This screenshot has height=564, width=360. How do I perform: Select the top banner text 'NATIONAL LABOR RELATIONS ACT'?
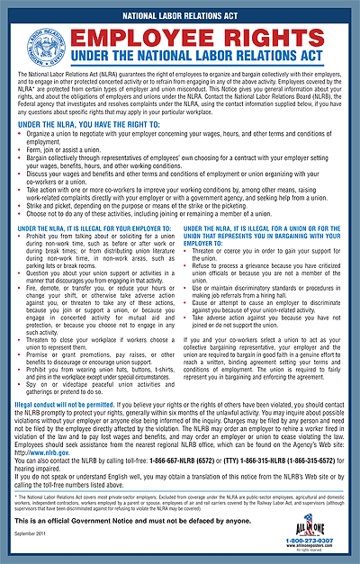click(179, 13)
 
